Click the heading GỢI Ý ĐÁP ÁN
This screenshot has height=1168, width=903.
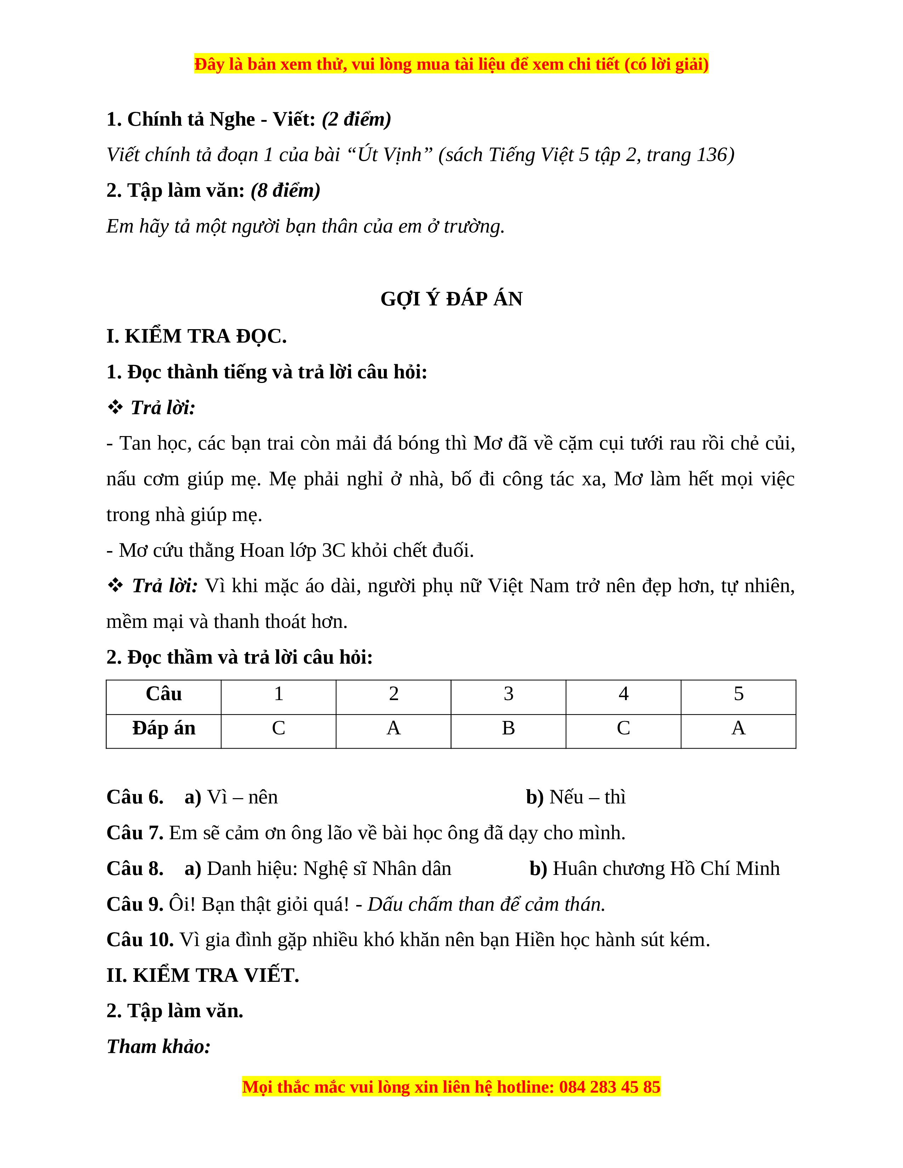[451, 298]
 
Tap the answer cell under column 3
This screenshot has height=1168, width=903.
[508, 728]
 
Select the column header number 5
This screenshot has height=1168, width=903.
[738, 694]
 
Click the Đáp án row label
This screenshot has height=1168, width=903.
[164, 728]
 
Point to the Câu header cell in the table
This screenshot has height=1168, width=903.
[164, 694]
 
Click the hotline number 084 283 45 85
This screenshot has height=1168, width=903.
[609, 1087]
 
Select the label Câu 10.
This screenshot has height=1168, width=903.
[140, 940]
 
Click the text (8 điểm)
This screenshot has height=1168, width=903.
[286, 190]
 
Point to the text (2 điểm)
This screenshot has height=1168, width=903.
[356, 119]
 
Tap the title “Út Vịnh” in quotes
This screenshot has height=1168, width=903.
[390, 155]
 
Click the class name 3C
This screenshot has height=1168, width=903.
[333, 550]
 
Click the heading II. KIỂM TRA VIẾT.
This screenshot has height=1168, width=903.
[203, 975]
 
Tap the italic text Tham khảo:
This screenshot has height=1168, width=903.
[158, 1047]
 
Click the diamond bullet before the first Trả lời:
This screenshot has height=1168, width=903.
[115, 407]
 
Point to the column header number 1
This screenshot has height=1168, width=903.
[278, 694]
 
